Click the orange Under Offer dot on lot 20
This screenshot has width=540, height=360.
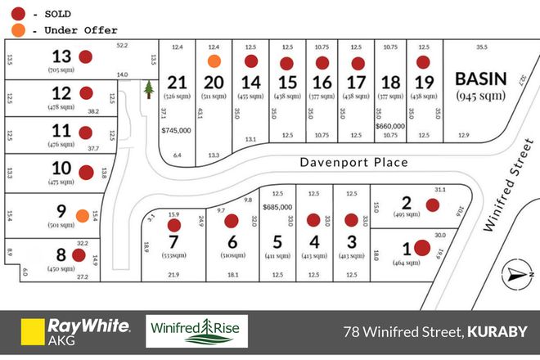214,61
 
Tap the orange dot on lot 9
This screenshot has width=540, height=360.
82,216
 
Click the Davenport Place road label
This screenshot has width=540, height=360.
353,162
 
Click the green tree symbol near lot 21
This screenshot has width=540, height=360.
149,88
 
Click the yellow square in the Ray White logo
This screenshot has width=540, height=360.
32,332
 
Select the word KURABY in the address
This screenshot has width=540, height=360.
498,332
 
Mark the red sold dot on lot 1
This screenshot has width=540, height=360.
422,247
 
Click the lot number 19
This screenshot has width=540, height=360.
423,82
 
